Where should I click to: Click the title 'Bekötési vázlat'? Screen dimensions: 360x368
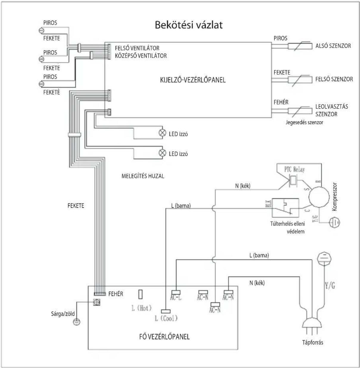pyautogui.click(x=189, y=25)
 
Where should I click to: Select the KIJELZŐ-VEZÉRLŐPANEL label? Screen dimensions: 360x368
pyautogui.click(x=193, y=80)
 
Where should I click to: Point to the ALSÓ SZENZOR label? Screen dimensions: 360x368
pyautogui.click(x=333, y=46)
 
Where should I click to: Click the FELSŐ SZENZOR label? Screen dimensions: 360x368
pyautogui.click(x=334, y=79)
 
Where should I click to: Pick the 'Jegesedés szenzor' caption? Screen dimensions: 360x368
pyautogui.click(x=304, y=122)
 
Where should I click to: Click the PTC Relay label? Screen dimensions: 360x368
pyautogui.click(x=294, y=170)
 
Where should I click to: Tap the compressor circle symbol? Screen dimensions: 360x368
pyautogui.click(x=319, y=197)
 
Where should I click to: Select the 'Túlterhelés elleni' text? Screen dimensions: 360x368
pyautogui.click(x=288, y=224)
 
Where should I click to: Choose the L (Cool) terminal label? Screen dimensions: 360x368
pyautogui.click(x=166, y=318)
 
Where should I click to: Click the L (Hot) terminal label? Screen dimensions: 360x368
pyautogui.click(x=141, y=308)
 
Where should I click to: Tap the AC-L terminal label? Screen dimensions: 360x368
pyautogui.click(x=176, y=298)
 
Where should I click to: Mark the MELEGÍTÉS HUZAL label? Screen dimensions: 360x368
pyautogui.click(x=143, y=176)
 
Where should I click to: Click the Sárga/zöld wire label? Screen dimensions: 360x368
pyautogui.click(x=63, y=314)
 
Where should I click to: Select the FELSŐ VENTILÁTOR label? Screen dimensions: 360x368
pyautogui.click(x=137, y=48)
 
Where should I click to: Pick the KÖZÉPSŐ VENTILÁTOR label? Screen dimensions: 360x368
pyautogui.click(x=141, y=56)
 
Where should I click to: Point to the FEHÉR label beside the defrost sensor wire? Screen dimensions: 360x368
pyautogui.click(x=281, y=102)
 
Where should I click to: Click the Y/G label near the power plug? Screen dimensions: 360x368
pyautogui.click(x=330, y=286)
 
